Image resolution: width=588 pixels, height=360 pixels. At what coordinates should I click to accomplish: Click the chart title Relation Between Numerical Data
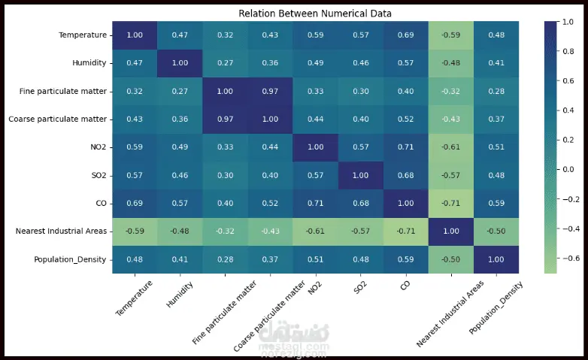point(315,14)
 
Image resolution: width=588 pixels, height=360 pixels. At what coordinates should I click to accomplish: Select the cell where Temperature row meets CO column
point(406,35)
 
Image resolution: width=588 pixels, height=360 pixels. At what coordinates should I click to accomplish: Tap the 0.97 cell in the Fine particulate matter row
point(270,91)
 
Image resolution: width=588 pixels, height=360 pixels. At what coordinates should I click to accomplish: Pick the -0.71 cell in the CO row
point(451,203)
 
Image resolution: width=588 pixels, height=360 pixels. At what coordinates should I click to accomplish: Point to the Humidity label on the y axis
point(87,63)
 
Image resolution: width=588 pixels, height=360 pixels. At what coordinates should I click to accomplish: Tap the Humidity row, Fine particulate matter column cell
point(225,63)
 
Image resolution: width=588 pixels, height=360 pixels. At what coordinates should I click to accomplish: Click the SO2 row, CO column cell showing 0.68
point(406,175)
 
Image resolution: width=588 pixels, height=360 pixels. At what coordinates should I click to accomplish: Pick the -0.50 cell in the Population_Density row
point(451,259)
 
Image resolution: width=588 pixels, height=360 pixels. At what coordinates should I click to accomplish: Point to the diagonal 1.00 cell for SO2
point(361,175)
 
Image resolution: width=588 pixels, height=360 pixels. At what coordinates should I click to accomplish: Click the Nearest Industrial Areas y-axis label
point(60,231)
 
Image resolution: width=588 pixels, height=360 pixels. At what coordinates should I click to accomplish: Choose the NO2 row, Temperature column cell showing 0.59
point(135,147)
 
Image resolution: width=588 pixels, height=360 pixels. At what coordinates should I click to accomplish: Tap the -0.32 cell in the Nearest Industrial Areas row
point(225,231)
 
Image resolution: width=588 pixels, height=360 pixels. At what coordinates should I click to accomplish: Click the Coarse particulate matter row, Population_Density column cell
point(496,119)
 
